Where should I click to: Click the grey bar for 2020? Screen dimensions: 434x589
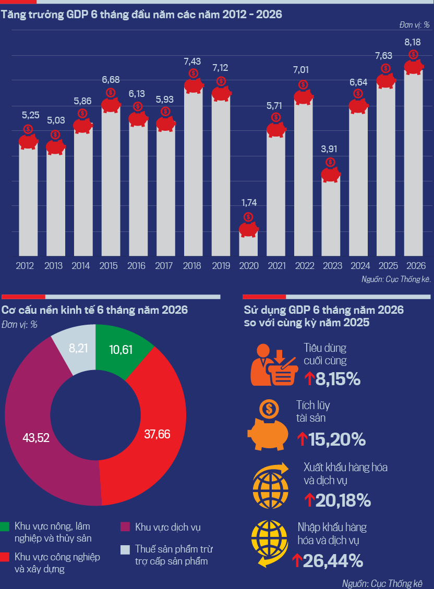click(x=249, y=243)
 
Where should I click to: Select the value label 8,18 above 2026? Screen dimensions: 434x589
click(x=413, y=42)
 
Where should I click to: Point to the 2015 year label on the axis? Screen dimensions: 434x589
click(x=108, y=266)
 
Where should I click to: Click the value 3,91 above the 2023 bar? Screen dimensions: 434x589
click(x=329, y=149)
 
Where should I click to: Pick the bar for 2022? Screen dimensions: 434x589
click(x=304, y=177)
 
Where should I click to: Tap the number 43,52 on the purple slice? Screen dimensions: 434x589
click(x=36, y=438)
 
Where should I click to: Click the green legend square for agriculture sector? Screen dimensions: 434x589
click(x=5, y=526)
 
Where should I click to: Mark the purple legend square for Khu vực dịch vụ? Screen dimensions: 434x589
click(x=125, y=526)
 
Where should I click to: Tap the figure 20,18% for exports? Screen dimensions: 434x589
click(x=343, y=500)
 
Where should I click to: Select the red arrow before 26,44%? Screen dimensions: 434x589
click(x=297, y=560)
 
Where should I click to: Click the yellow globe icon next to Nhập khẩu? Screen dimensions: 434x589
click(x=269, y=543)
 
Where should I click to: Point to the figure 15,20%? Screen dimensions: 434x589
click(x=337, y=439)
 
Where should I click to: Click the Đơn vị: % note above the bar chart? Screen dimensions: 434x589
click(x=415, y=25)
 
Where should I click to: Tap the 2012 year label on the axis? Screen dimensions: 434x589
click(x=25, y=266)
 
